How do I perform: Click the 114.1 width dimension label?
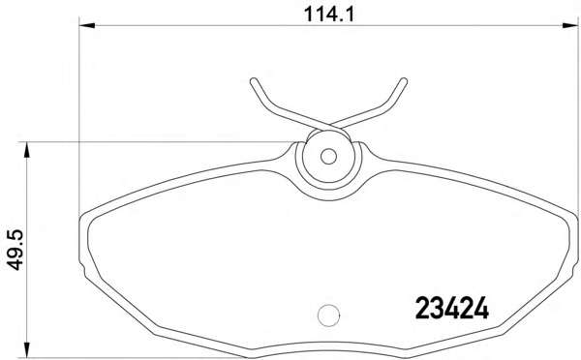329,15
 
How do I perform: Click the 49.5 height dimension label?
15,250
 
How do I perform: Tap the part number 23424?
451,309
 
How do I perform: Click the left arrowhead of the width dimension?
87,25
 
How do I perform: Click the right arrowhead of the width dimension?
570,25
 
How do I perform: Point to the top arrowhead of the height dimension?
26,150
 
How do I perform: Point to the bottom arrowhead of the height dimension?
26,350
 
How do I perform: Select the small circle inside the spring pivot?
328,157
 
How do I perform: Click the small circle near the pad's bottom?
328,315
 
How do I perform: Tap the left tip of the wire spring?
254,81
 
